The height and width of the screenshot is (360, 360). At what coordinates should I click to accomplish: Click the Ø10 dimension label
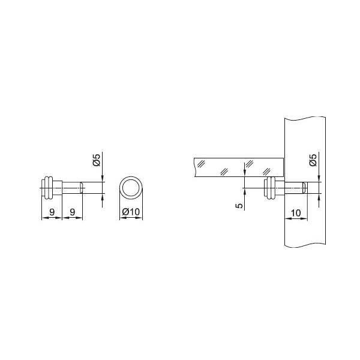click(131, 211)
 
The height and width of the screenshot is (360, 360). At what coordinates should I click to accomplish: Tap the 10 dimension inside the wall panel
click(296, 213)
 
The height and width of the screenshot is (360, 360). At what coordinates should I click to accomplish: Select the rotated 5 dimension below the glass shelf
click(239, 205)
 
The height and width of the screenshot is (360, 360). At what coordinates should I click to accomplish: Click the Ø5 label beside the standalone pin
click(97, 160)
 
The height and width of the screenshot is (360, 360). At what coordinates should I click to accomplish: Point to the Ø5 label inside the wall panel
click(313, 160)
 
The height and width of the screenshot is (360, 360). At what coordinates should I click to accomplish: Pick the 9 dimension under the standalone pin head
click(52, 212)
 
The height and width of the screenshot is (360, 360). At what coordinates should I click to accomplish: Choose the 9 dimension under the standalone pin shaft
click(73, 212)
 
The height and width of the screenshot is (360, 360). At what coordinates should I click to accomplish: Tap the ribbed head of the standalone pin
click(52, 188)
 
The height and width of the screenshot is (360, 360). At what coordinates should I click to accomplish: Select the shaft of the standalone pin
click(71, 188)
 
